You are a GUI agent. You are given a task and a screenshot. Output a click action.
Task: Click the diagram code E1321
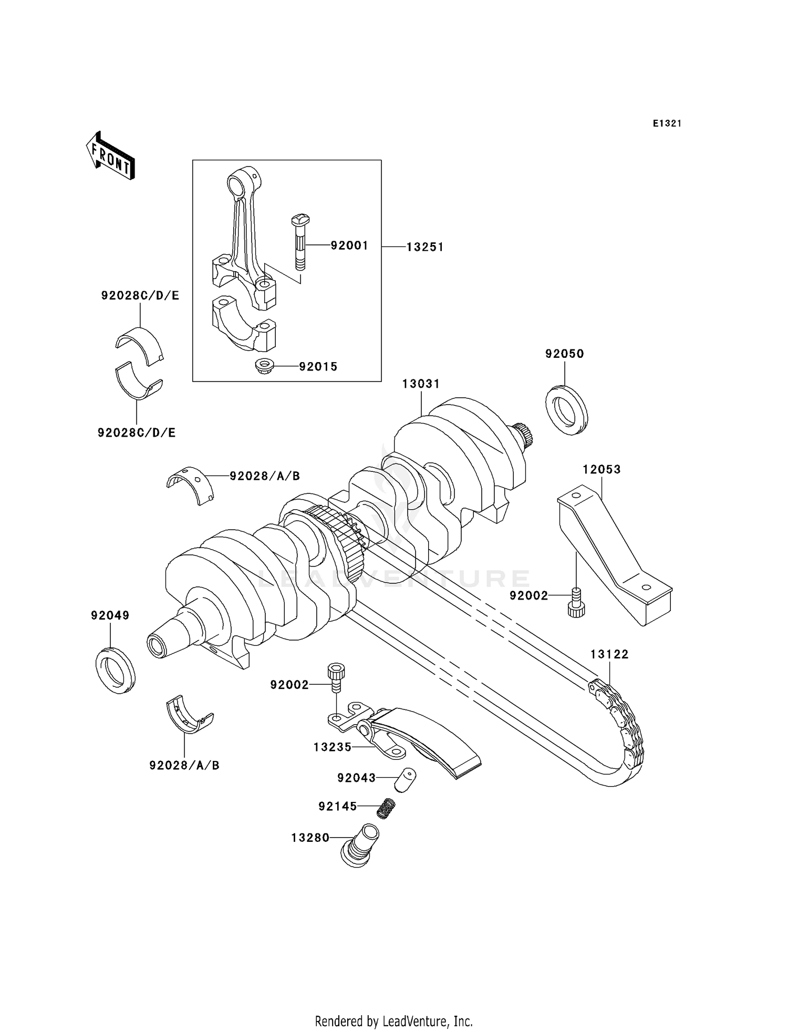(667, 123)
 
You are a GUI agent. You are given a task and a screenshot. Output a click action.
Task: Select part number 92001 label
(349, 245)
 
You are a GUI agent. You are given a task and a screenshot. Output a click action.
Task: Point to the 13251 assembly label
(425, 247)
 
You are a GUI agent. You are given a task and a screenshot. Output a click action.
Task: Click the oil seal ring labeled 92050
(566, 409)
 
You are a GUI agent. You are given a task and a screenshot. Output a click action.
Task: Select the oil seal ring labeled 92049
(115, 671)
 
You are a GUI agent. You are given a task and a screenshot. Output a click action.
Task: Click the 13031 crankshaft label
(421, 384)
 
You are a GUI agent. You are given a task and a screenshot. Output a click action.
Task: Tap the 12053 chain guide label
(602, 469)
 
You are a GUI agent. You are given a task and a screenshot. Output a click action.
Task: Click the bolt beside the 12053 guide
(576, 602)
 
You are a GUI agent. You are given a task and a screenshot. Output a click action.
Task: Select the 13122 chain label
(609, 654)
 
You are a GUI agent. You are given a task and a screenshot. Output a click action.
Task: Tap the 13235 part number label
(332, 747)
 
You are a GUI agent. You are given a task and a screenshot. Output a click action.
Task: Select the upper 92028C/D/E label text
(140, 296)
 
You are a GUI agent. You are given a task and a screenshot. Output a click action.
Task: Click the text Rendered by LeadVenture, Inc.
(393, 1022)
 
